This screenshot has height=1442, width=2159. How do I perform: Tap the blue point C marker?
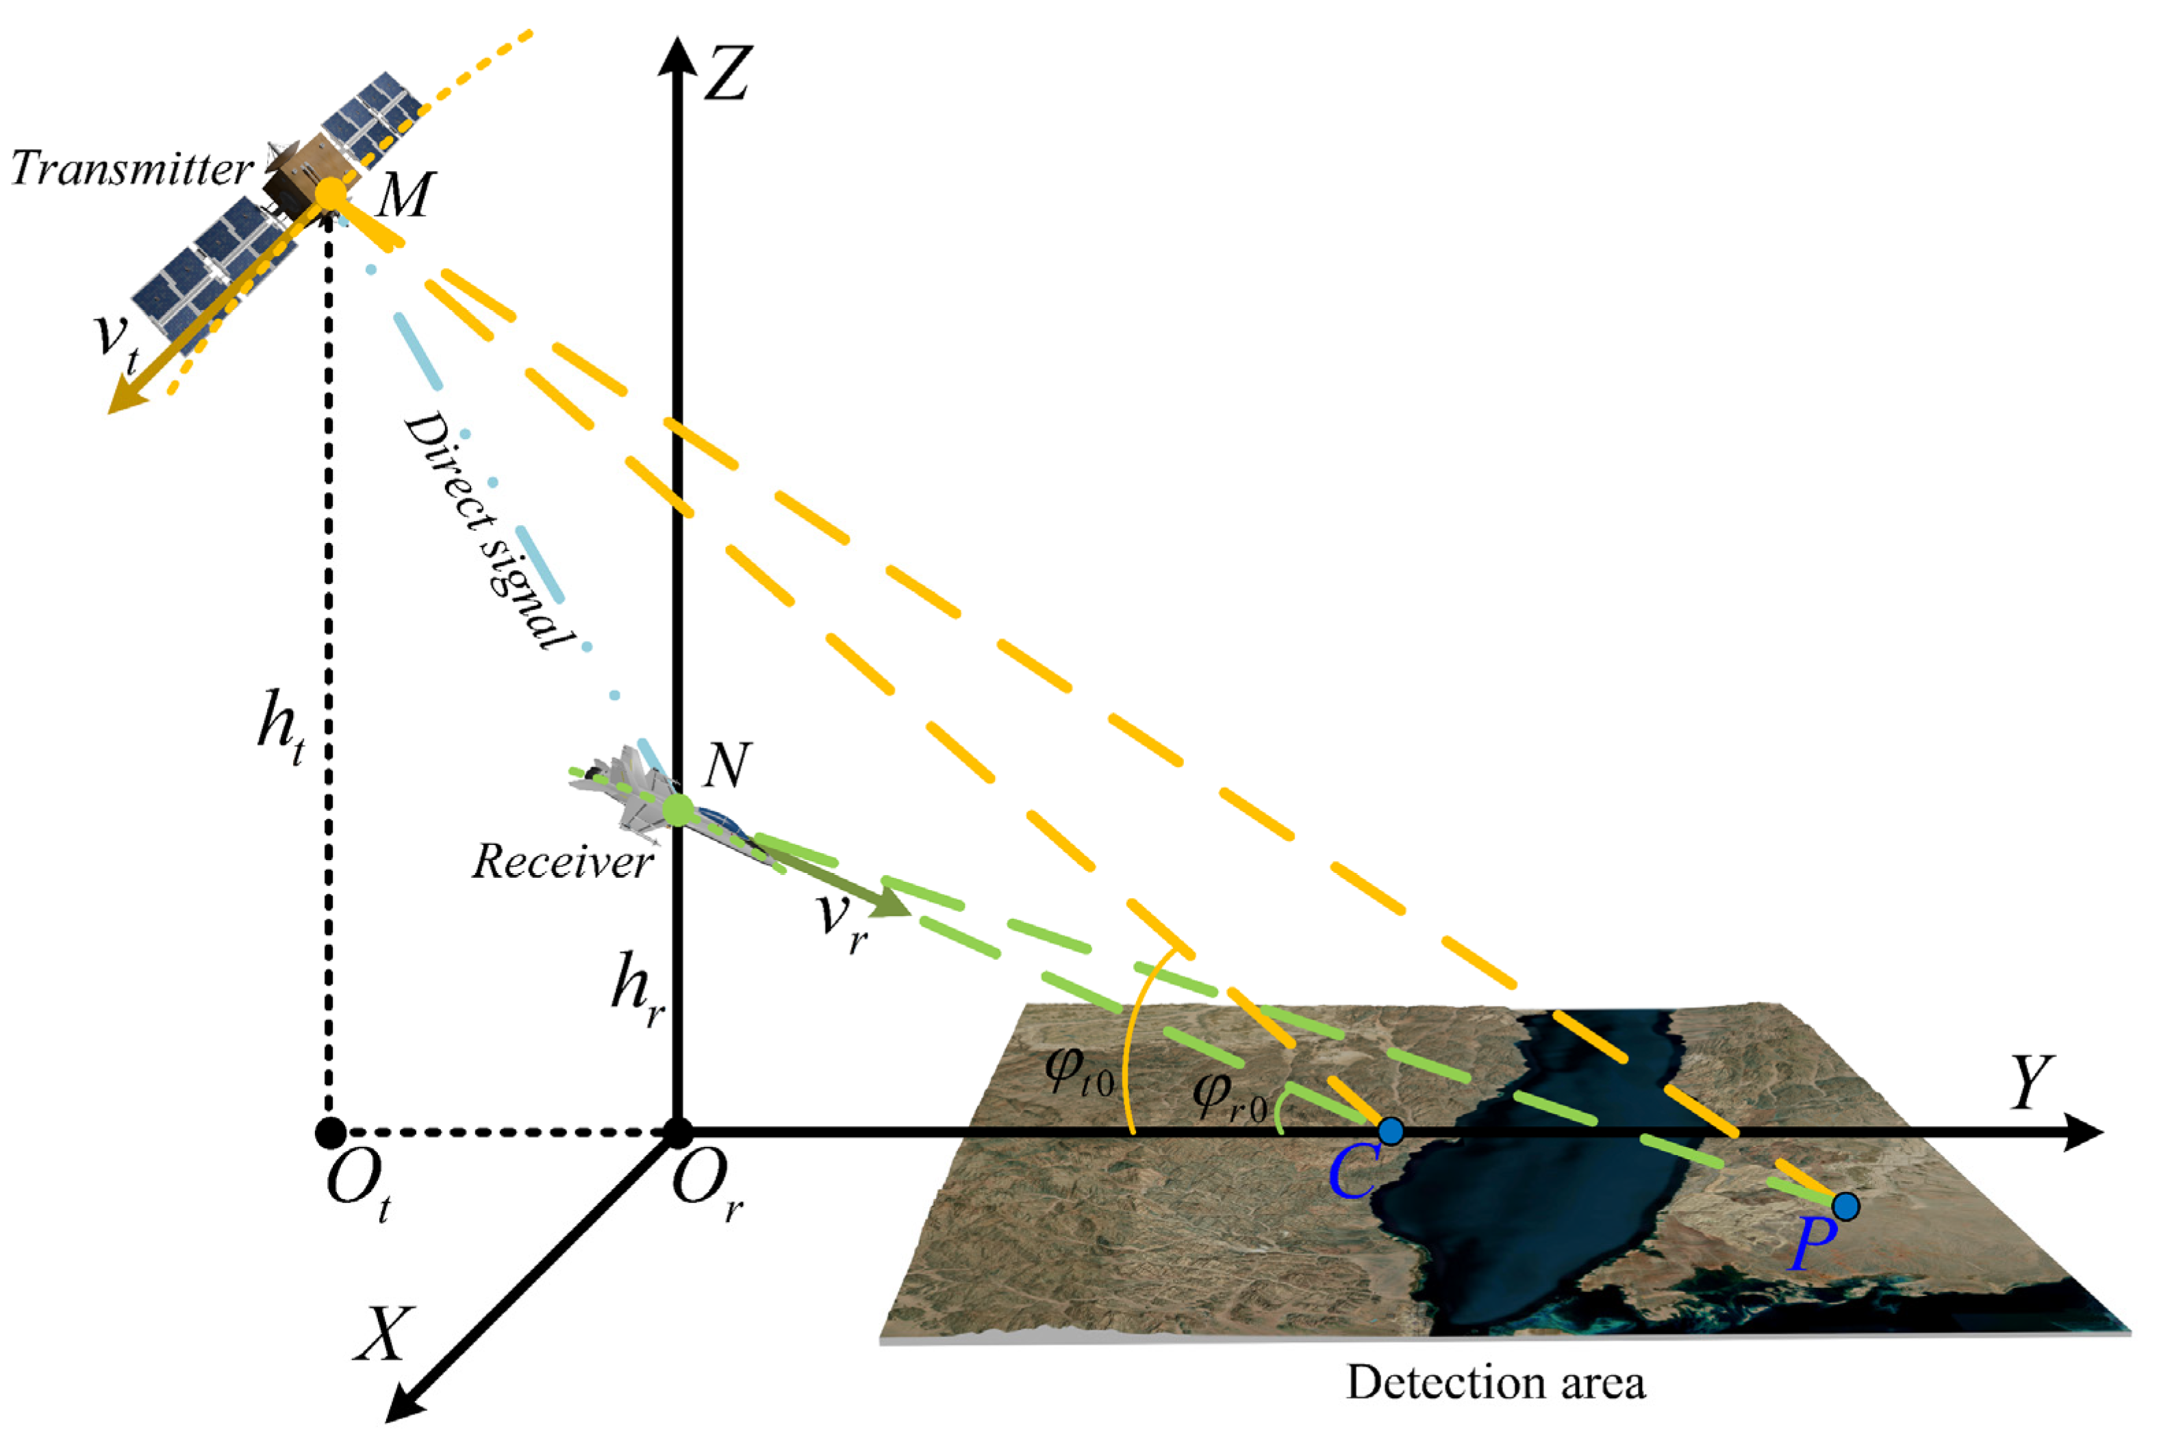1390,1131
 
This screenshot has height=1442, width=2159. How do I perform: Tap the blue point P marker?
1845,1206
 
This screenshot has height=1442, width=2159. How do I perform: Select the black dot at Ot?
330,1132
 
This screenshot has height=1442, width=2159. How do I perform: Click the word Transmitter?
131,169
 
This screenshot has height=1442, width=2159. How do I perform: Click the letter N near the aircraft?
727,765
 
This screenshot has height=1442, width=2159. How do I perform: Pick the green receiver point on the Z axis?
678,810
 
